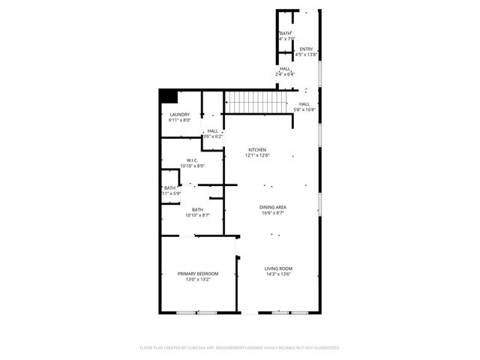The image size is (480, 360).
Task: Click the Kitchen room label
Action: point(258,150)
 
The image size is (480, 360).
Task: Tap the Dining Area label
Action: point(273,207)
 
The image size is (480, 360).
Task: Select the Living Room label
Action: point(277,268)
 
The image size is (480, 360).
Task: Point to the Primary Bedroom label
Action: point(198,274)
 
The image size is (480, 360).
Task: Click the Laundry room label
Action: point(180,115)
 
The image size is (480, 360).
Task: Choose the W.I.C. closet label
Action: point(193,160)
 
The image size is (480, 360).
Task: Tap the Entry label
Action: point(306,49)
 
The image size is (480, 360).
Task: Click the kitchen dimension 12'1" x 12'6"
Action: point(258,155)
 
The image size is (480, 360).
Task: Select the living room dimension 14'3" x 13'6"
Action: point(277,274)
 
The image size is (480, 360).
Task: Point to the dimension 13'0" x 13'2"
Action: point(198,279)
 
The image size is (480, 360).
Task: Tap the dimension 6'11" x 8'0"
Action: point(180,120)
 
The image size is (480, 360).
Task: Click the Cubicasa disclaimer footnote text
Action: point(240,348)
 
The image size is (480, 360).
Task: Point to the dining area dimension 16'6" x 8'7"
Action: point(273,212)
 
